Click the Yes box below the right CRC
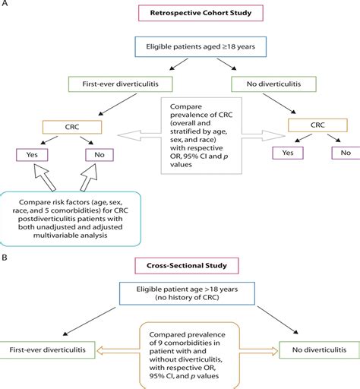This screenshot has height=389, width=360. point(286,152)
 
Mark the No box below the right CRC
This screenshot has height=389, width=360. point(346,152)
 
